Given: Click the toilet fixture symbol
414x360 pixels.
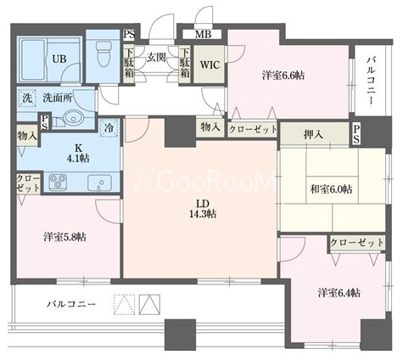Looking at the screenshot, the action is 103,53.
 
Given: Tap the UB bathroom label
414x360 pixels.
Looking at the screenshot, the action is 59,59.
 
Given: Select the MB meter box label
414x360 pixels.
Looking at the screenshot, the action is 203,35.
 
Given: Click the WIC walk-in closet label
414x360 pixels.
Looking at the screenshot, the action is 210,65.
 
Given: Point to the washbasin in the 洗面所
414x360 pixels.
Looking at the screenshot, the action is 73,117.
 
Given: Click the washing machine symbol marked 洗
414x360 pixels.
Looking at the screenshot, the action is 27,98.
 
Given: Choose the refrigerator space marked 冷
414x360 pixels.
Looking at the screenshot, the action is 109,128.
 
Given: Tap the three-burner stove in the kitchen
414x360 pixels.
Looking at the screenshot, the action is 58,182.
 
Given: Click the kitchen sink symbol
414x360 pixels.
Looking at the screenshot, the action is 99,183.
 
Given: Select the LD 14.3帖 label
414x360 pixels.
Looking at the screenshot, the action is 203,209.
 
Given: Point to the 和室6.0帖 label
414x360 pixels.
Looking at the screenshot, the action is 331,189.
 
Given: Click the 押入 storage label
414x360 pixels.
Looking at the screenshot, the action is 313,135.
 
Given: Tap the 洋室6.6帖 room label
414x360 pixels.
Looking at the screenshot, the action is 283,76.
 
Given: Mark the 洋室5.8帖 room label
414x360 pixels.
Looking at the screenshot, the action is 65,237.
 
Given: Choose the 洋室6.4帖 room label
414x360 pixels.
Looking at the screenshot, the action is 338,293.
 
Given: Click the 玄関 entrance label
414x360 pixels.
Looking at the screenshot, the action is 156,58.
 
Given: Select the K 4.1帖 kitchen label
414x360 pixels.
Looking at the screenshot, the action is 78,153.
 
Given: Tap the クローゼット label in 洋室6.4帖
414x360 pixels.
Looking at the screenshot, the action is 357,243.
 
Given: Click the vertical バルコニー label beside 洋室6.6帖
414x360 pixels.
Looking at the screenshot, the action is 371,81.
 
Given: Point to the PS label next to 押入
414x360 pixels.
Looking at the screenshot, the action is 356,134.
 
